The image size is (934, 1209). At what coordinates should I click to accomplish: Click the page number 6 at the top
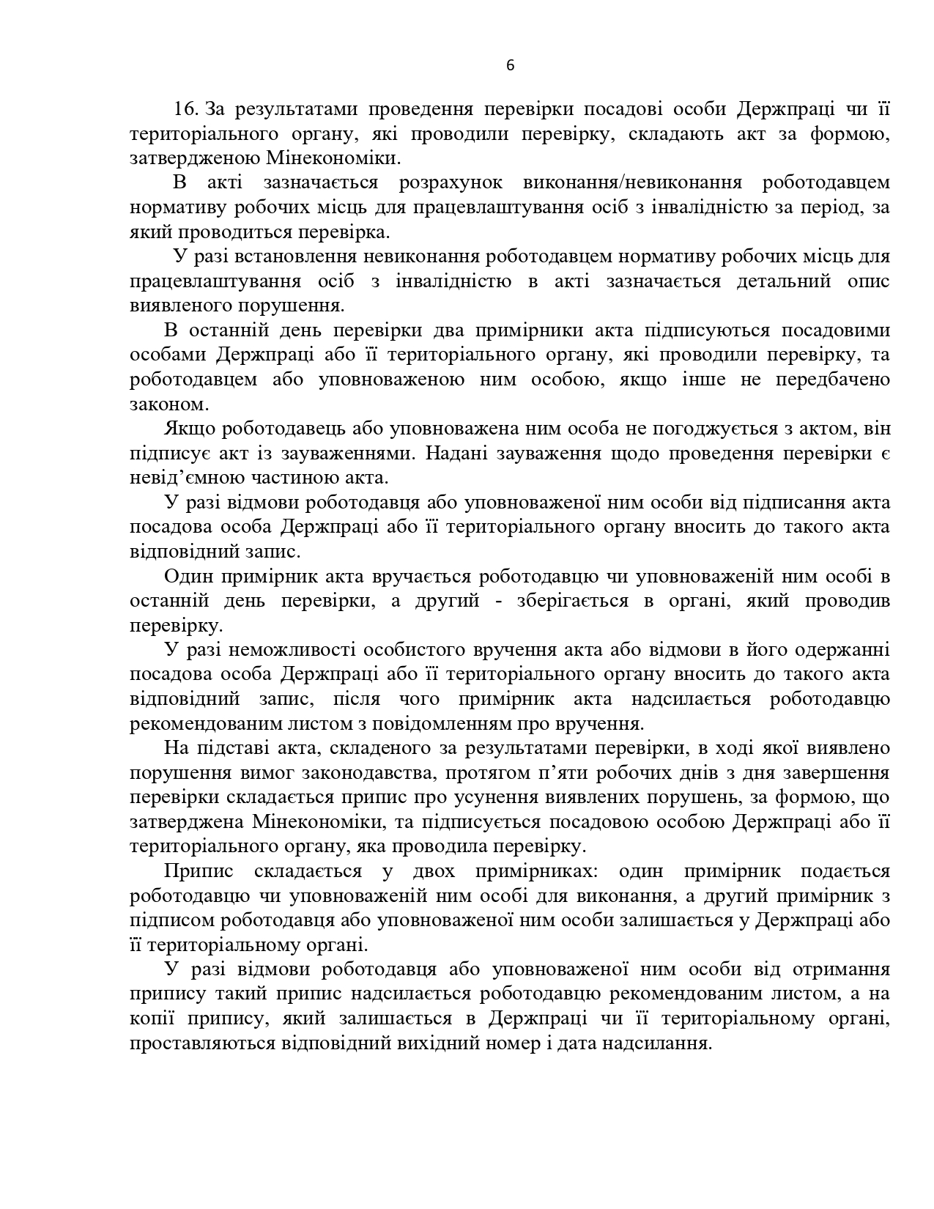pos(511,66)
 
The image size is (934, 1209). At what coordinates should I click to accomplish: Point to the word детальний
pos(784,281)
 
